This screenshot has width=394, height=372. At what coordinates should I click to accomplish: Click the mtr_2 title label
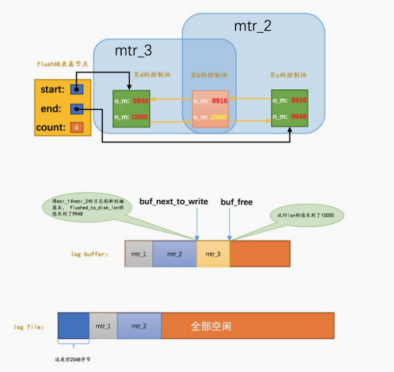coord(253,26)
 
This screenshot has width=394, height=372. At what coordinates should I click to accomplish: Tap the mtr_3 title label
coord(133,50)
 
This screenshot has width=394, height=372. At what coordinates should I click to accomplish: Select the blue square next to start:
coord(76,89)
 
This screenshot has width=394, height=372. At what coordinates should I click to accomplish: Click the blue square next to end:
coord(76,109)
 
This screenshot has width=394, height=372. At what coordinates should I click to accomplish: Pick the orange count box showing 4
coord(75,127)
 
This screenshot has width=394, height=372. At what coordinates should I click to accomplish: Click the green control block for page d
coord(132,109)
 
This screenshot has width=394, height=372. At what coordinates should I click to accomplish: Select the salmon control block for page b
coord(210,109)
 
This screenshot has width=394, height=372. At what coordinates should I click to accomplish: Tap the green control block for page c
coord(289,109)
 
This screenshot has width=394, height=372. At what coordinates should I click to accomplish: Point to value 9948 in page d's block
coord(140,100)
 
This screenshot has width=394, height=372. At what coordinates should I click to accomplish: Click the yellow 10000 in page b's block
coord(219,117)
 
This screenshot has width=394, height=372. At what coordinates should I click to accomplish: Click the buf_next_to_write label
coord(174,201)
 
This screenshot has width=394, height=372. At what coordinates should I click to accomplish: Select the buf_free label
coord(236,201)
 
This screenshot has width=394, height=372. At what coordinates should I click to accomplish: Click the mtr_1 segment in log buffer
coord(139,254)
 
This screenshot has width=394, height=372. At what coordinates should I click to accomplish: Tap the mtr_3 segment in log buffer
coord(213,254)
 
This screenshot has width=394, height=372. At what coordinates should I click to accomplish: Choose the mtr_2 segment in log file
coord(139,326)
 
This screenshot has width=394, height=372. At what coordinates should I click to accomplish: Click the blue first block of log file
coord(73,326)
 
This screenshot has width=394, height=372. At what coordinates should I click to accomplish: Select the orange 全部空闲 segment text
coord(211,326)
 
